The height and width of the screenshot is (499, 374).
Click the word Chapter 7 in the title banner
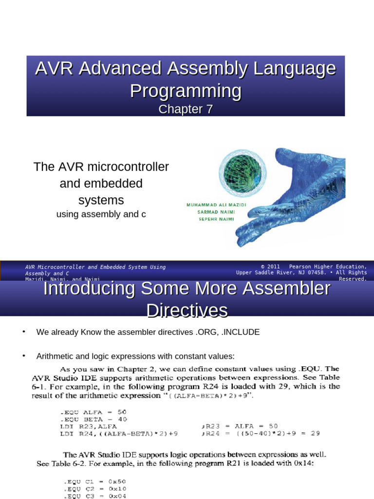tap(186, 109)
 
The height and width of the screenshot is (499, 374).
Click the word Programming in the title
tap(186, 91)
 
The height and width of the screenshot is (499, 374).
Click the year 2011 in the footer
tap(274, 267)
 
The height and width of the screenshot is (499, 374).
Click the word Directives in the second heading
tap(187, 310)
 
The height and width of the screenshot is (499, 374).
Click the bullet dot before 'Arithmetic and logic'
tap(23, 356)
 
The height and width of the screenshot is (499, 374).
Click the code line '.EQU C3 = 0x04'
tap(90, 496)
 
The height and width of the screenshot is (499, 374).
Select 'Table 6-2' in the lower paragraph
tap(56, 464)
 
